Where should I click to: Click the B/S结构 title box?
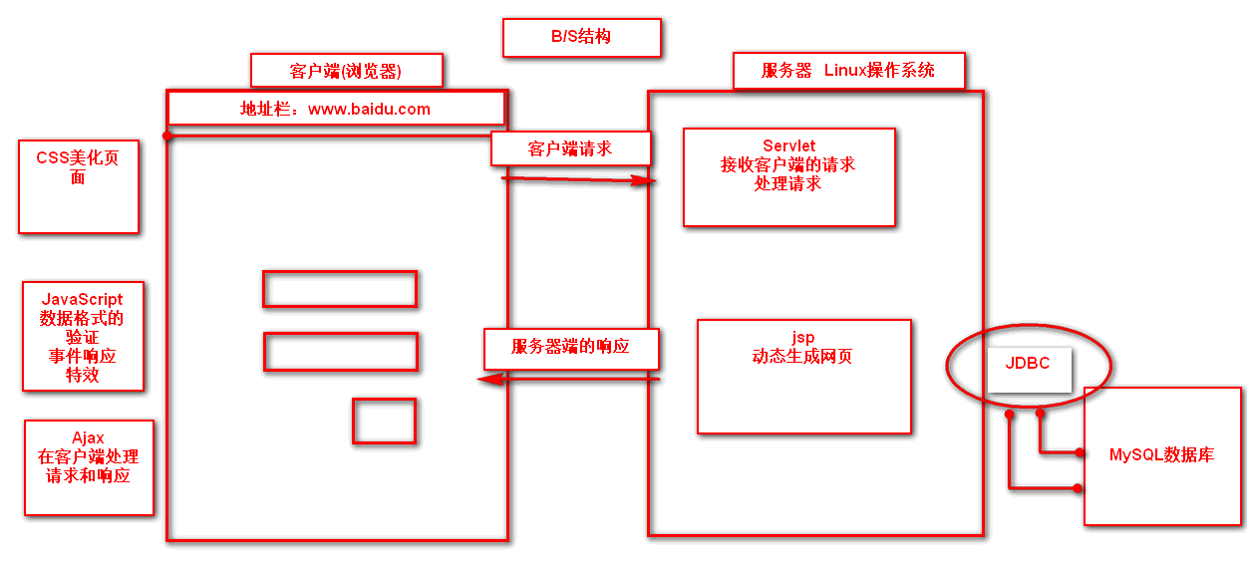[x=581, y=37]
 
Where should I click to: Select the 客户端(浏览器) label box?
[x=346, y=71]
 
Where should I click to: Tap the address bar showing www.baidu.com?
[x=336, y=109]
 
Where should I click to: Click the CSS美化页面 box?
[x=78, y=186]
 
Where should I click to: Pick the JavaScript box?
[x=83, y=336]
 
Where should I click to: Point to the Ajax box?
[x=89, y=467]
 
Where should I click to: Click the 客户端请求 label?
[x=570, y=148]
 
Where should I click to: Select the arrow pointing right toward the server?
[x=578, y=179]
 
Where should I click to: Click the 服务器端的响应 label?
[x=571, y=348]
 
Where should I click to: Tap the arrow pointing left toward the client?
[x=568, y=379]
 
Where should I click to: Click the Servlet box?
[x=788, y=176]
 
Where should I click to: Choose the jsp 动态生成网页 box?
[x=803, y=376]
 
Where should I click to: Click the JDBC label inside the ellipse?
[x=1028, y=364]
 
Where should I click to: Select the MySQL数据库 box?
[x=1161, y=455]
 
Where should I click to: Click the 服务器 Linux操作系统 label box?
[x=848, y=71]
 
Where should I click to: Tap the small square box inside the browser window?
[x=384, y=421]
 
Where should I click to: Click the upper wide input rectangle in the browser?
[x=339, y=289]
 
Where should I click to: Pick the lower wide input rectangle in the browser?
[x=340, y=352]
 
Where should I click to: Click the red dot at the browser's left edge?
[x=167, y=136]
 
